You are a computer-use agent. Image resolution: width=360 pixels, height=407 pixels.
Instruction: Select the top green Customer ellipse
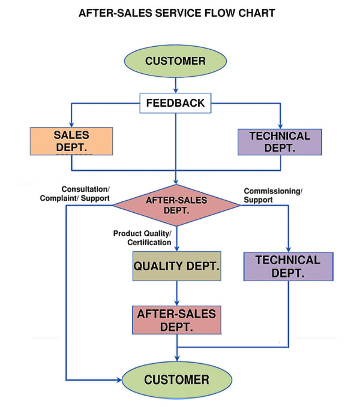pyautogui.click(x=175, y=61)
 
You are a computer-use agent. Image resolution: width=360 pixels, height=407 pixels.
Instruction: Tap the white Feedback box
pyautogui.click(x=175, y=103)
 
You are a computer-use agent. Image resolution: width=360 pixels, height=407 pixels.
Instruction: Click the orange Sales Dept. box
pyautogui.click(x=71, y=141)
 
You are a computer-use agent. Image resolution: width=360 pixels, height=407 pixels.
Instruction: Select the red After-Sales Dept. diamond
pyautogui.click(x=176, y=205)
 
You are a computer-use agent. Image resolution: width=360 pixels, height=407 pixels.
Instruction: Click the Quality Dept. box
pyautogui.click(x=176, y=267)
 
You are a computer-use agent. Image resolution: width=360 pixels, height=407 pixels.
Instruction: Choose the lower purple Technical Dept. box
pyautogui.click(x=288, y=266)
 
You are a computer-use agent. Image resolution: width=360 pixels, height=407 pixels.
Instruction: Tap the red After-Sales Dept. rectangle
pyautogui.click(x=176, y=320)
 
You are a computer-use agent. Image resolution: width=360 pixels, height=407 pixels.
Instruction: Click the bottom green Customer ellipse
pyautogui.click(x=176, y=380)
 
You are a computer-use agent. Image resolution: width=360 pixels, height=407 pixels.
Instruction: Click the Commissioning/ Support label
pyautogui.click(x=273, y=195)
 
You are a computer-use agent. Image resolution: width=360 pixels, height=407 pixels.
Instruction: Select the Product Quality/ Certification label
pyautogui.click(x=143, y=237)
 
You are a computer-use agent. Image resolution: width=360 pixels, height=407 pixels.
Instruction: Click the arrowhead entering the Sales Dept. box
pyautogui.click(x=71, y=123)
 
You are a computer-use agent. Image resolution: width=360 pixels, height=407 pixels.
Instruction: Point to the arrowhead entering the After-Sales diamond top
pyautogui.click(x=176, y=181)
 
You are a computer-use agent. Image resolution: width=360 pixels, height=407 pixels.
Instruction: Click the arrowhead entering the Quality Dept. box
pyautogui.click(x=176, y=248)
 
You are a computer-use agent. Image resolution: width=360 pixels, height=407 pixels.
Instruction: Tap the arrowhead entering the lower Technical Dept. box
pyautogui.click(x=289, y=248)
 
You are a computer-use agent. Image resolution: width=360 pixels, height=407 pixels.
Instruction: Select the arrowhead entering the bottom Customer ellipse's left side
pyautogui.click(x=118, y=380)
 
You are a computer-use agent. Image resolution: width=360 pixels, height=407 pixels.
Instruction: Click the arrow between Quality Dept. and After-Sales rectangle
pyautogui.click(x=176, y=294)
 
